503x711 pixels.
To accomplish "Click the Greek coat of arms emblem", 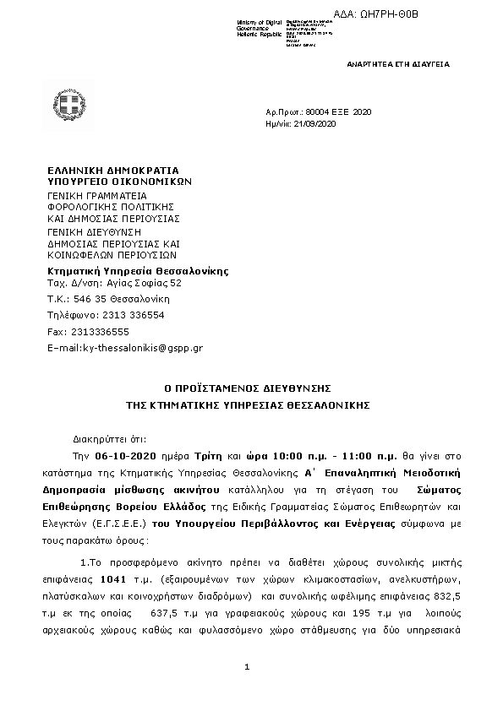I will [70, 106].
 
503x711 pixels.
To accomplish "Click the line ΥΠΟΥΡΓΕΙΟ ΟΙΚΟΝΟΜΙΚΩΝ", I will [120, 180].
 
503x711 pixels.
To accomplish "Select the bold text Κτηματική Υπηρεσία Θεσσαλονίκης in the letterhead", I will [137, 271].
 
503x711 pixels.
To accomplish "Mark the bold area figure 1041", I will [112, 579].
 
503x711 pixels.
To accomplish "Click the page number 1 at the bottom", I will [246, 669].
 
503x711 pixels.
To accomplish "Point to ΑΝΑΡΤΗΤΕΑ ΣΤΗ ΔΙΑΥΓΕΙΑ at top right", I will [399, 64].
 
